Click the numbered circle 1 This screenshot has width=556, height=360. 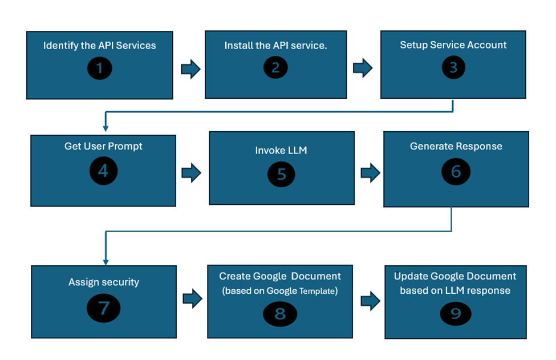pyautogui.click(x=100, y=68)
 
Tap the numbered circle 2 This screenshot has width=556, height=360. pyautogui.click(x=275, y=67)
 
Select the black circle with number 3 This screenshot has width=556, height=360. pyautogui.click(x=453, y=67)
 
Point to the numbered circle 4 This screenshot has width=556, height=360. pyautogui.click(x=103, y=171)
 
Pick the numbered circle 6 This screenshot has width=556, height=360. pyautogui.click(x=456, y=171)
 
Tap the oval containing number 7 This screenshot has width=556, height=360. pyautogui.click(x=103, y=308)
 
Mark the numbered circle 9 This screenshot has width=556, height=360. pyautogui.click(x=456, y=313)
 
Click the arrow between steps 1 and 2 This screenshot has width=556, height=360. pyautogui.click(x=190, y=70)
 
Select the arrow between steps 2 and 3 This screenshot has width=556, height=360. pyautogui.click(x=363, y=69)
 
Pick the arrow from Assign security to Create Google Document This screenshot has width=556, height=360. pyautogui.click(x=192, y=297)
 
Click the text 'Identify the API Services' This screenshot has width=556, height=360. pyautogui.click(x=100, y=45)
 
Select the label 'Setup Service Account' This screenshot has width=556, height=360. pyautogui.click(x=453, y=45)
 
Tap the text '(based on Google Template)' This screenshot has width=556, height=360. pyautogui.click(x=280, y=291)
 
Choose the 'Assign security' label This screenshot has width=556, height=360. pyautogui.click(x=104, y=282)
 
